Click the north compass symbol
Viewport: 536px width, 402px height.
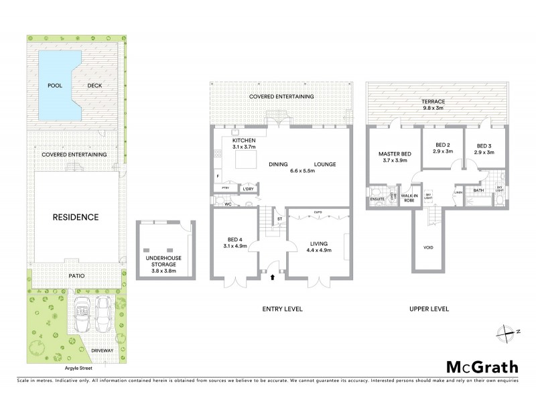click(508, 331)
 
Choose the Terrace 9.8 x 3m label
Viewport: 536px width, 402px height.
click(433, 105)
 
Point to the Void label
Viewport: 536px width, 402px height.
click(429, 247)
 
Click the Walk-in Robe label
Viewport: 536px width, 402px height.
click(409, 197)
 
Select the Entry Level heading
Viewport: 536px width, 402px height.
click(282, 309)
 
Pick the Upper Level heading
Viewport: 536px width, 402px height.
click(429, 309)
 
